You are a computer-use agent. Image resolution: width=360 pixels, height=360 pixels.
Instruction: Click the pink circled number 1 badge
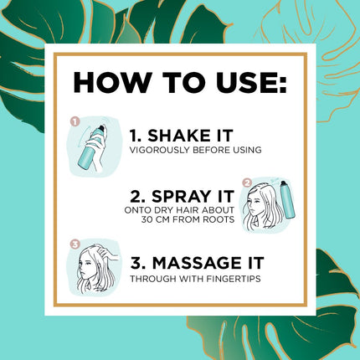pyautogui.click(x=75, y=121)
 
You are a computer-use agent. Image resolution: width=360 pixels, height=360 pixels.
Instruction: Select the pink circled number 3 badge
pyautogui.click(x=75, y=244)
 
